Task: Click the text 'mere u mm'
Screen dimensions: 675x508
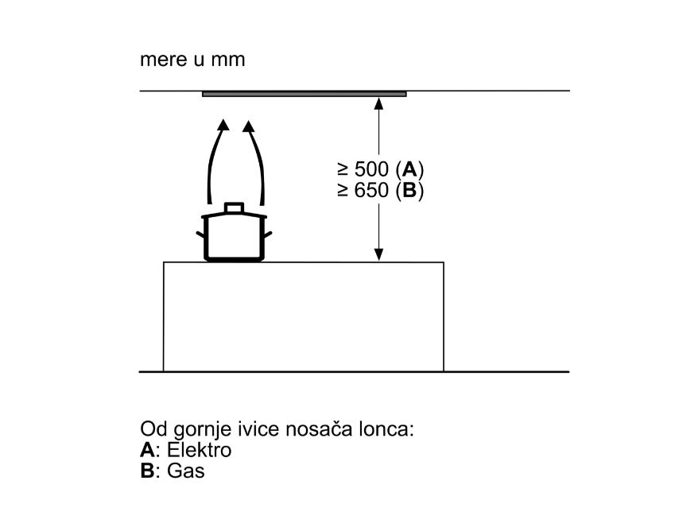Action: click(x=192, y=60)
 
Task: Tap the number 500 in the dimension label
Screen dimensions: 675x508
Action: click(x=371, y=169)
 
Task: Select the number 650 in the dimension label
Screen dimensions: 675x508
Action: click(x=371, y=190)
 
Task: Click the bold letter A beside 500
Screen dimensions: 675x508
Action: click(x=409, y=169)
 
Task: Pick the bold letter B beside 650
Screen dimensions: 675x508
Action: click(x=409, y=190)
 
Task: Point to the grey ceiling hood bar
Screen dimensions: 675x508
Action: click(x=305, y=94)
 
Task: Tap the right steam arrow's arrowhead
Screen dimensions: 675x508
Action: click(x=248, y=126)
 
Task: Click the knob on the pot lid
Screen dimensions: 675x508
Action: click(x=234, y=207)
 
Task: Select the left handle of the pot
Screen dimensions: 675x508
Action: click(x=200, y=235)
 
